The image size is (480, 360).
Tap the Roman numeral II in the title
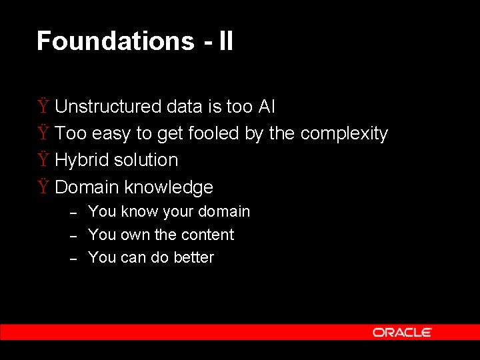coord(225,41)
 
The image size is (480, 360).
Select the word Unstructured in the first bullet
coord(108,107)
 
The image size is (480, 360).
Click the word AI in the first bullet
coord(266,107)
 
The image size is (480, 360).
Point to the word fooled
coord(214,133)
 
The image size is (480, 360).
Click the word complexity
coord(343,133)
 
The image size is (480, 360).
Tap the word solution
coord(146,160)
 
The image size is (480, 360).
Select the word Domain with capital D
coord(87,187)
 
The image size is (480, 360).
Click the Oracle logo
coord(402,332)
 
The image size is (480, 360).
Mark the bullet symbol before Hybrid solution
coord(43,160)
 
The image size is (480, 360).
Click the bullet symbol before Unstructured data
coord(43,107)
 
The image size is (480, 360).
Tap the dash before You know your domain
coord(75,213)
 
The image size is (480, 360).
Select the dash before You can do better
coord(75,258)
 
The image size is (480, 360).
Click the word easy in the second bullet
coord(111,134)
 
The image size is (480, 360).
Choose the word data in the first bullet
coord(185,107)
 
